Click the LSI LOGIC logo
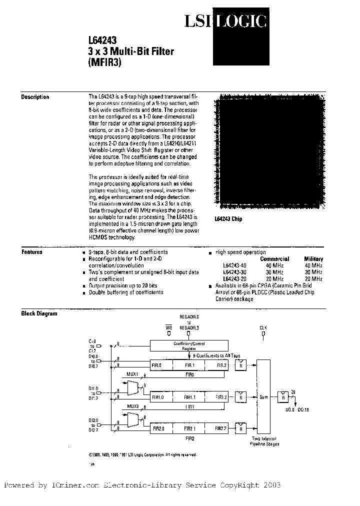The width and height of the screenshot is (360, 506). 225,21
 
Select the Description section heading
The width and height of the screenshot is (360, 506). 35,97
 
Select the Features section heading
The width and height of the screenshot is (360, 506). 32,252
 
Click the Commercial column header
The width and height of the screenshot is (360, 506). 274,259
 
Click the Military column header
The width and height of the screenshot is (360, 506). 313,259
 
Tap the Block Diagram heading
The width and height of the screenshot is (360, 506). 39,313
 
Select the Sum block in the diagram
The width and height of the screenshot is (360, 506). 263,396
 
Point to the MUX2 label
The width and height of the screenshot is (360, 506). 132,406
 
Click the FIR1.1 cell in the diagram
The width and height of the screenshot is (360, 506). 188,396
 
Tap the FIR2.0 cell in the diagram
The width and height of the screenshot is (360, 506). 160,428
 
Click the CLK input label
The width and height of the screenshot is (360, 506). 263,327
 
